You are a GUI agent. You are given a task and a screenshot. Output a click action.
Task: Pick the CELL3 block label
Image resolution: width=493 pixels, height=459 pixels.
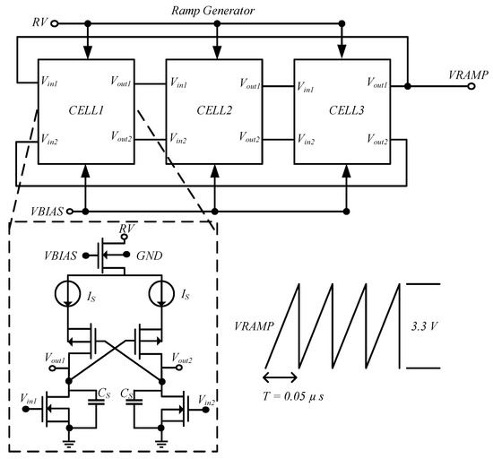pyautogui.click(x=344, y=108)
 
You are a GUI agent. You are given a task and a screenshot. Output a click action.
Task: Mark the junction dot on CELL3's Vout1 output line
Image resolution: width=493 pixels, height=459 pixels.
pyautogui.click(x=409, y=87)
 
